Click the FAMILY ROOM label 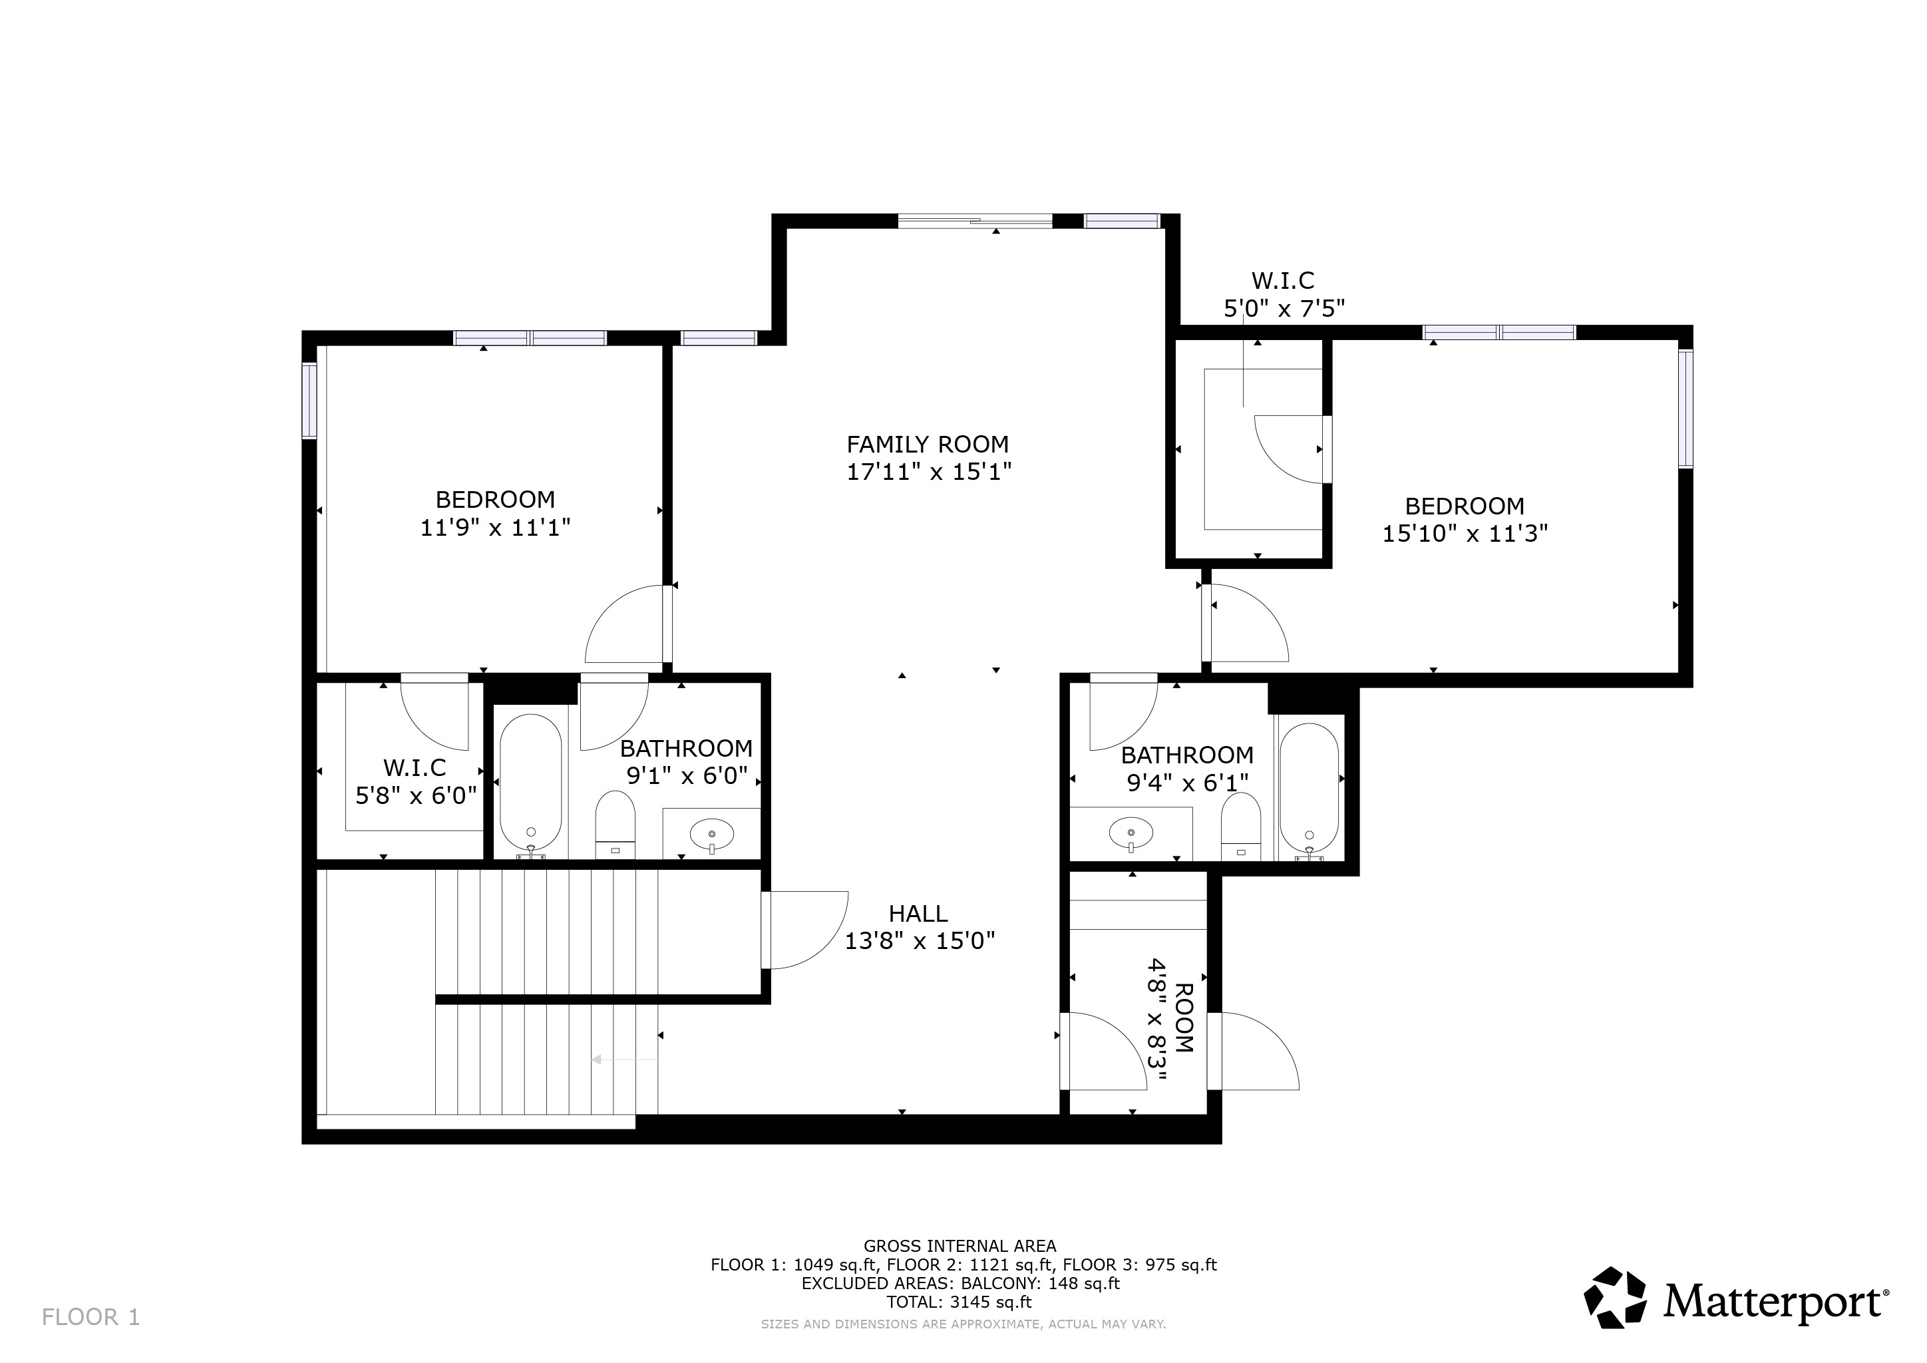tap(928, 444)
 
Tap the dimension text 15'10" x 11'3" tap(1465, 534)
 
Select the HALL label tap(918, 914)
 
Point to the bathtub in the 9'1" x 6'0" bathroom tap(530, 782)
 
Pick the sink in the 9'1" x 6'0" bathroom tap(712, 835)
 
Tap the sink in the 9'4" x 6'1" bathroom tap(1131, 833)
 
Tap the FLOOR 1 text tap(90, 1318)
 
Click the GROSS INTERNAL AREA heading tap(960, 1247)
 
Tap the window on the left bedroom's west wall tap(309, 401)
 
